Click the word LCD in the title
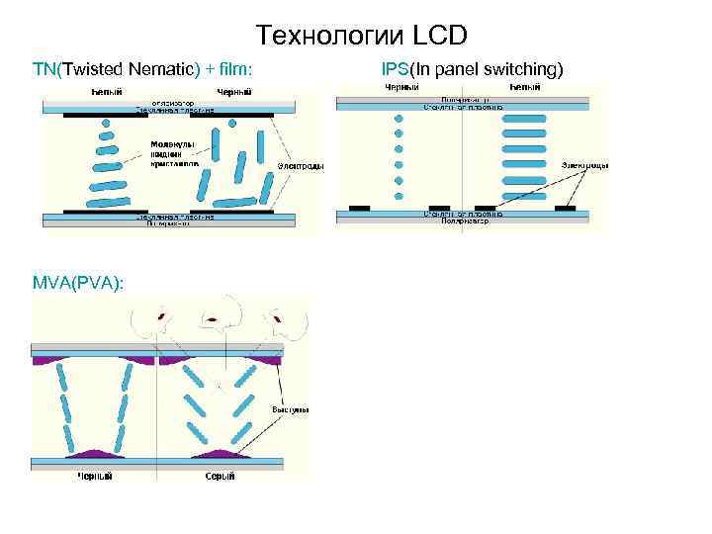tap(435, 37)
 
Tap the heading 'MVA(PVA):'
tap(78, 283)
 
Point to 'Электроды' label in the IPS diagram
tap(585, 165)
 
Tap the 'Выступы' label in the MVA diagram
tap(291, 408)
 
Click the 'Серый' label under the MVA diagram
tap(220, 476)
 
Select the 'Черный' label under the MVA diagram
tap(96, 476)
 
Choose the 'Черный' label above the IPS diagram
tap(400, 89)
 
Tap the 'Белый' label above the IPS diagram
tap(524, 89)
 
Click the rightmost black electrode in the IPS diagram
tap(566, 208)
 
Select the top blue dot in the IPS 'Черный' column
tap(400, 118)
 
